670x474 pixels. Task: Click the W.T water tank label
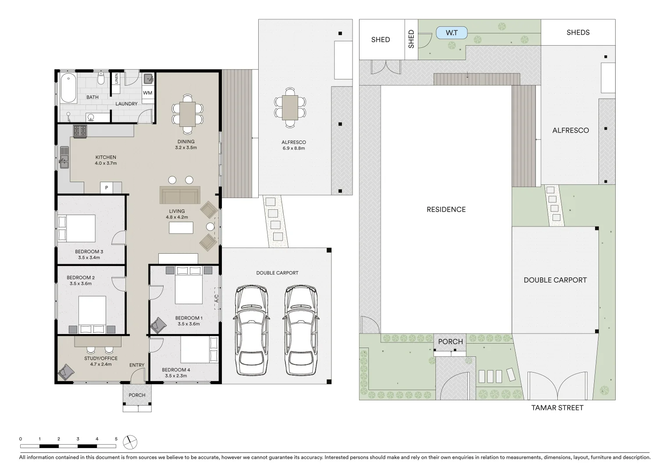pyautogui.click(x=452, y=33)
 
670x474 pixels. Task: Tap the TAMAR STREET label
pyautogui.click(x=557, y=408)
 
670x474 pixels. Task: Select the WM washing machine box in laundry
pyautogui.click(x=148, y=93)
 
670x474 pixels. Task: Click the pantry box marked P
pyautogui.click(x=106, y=188)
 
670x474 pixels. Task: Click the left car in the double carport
pyautogui.click(x=251, y=330)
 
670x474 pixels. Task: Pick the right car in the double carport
pyautogui.click(x=301, y=330)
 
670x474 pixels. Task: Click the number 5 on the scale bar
pyautogui.click(x=116, y=439)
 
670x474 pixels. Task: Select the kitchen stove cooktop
pyautogui.click(x=80, y=131)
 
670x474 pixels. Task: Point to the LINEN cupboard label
pyautogui.click(x=116, y=79)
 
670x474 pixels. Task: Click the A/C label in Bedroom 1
pyautogui.click(x=216, y=298)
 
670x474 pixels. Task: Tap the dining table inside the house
pyautogui.click(x=188, y=114)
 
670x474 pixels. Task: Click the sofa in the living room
pyautogui.click(x=180, y=195)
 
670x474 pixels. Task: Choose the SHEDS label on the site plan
pyautogui.click(x=577, y=32)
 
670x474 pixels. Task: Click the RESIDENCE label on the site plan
pyautogui.click(x=446, y=209)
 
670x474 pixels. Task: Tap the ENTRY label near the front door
pyautogui.click(x=137, y=365)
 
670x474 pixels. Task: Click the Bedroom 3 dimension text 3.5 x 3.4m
pyautogui.click(x=89, y=258)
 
